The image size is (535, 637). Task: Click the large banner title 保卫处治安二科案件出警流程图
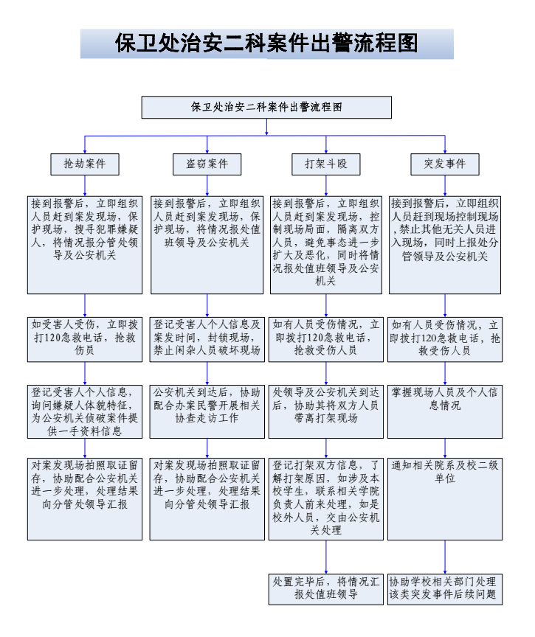266,43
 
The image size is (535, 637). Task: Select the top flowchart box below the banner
266,107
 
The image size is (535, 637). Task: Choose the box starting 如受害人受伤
85,338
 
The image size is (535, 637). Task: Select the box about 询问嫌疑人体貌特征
85,411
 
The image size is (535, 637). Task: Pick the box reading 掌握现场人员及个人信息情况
445,411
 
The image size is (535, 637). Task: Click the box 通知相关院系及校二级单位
445,498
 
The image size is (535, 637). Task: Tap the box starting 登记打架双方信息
325,498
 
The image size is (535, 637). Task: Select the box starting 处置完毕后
325,589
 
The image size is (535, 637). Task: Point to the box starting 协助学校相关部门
445,589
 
